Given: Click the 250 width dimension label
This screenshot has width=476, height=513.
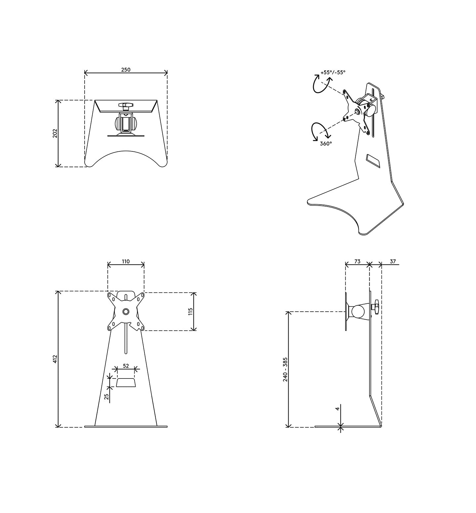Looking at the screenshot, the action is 126,70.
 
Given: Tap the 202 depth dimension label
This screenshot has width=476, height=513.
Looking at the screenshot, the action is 55,133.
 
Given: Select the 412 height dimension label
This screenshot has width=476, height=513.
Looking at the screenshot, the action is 55,359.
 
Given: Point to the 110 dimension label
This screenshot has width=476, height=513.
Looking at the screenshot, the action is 126,261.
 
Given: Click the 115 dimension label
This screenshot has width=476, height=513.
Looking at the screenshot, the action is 191,311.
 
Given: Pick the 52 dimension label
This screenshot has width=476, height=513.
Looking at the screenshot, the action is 126,366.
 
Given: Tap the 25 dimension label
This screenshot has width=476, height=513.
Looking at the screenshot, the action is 107,397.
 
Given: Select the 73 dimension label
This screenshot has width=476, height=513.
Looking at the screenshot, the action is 357,261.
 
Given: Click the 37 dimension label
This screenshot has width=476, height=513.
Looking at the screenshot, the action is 393,261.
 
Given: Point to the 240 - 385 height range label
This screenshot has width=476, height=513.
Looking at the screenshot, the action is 285,369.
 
